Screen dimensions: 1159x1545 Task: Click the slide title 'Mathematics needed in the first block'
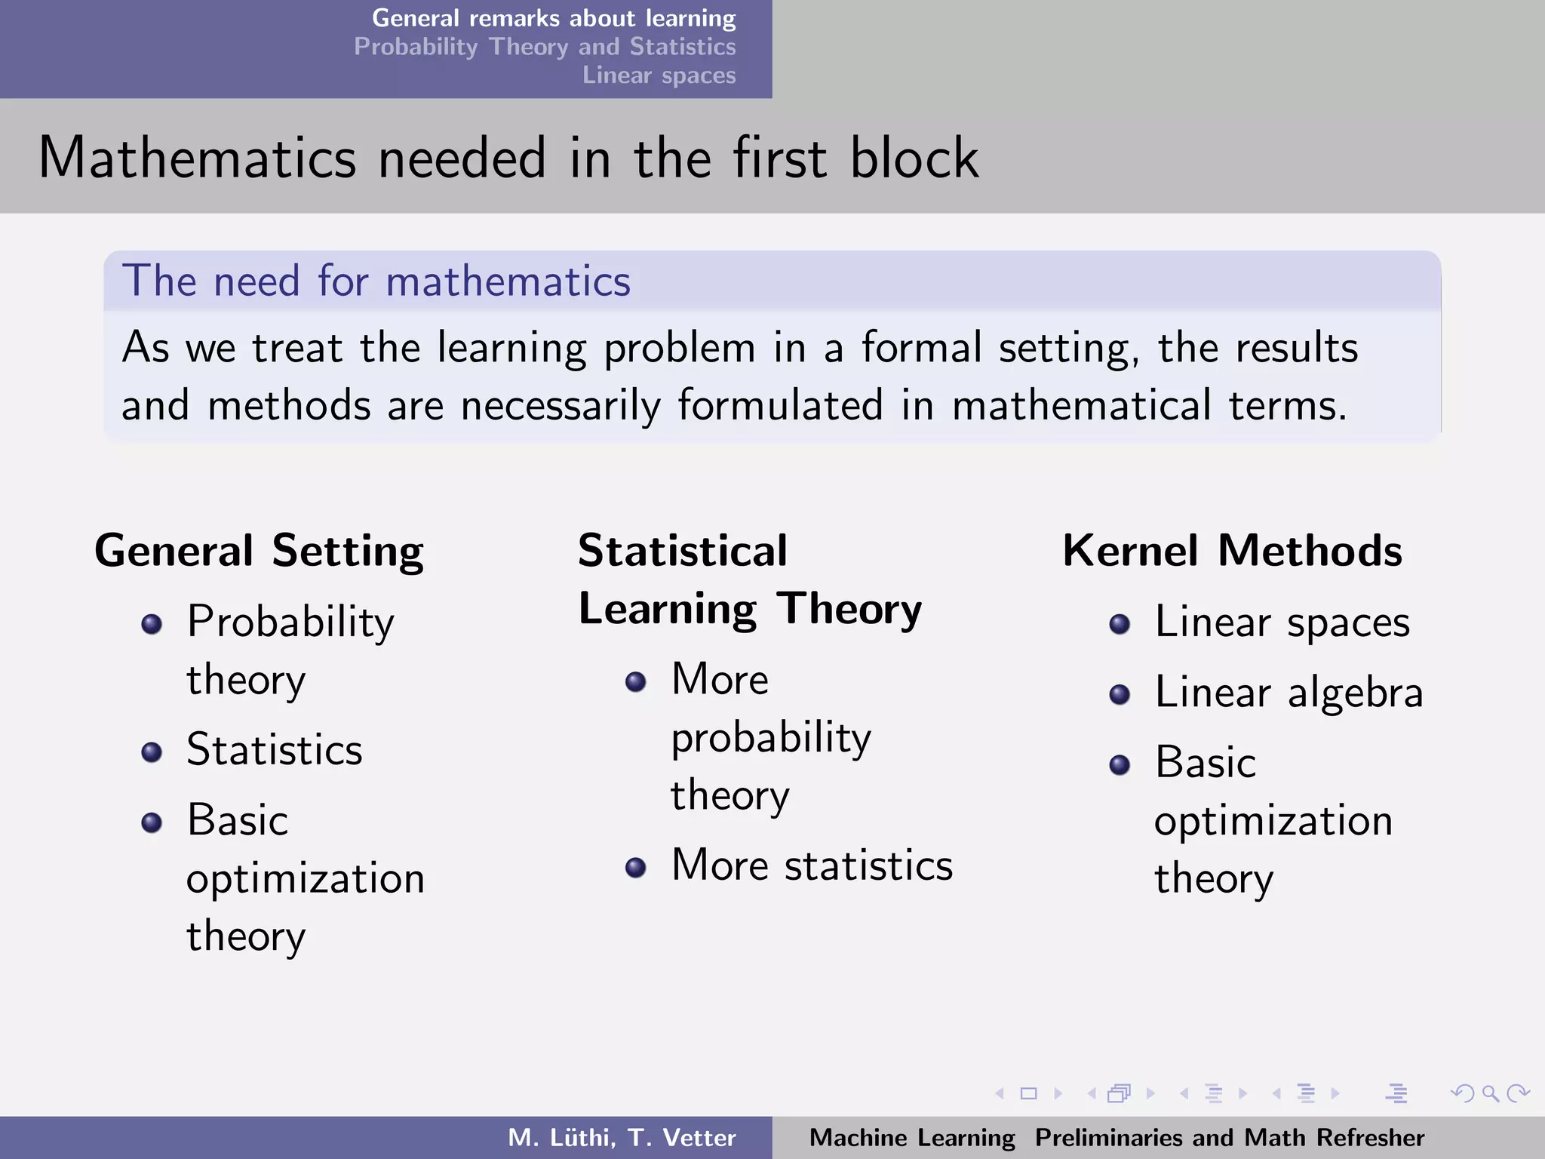[508, 158]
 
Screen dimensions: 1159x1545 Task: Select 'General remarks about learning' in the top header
[553, 18]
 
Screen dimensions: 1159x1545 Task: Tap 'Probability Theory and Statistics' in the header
[545, 47]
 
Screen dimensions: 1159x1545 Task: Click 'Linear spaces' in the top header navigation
[659, 75]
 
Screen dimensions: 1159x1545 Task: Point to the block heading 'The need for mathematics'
[376, 281]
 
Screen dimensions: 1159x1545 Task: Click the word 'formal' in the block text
[921, 348]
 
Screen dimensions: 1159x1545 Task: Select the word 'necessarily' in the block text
[561, 406]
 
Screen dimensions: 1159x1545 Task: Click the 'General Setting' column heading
[259, 550]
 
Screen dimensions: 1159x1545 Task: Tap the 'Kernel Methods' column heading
[1232, 550]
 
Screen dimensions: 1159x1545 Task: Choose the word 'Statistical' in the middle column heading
[683, 550]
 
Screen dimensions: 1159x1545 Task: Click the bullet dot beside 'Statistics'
[152, 752]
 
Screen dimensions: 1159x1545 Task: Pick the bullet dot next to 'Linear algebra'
[1120, 694]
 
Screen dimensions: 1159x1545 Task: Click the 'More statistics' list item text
[812, 865]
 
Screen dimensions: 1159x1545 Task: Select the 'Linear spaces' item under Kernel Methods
[1282, 623]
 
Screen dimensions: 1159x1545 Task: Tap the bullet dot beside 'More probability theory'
[636, 682]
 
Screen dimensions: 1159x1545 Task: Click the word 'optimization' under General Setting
[306, 879]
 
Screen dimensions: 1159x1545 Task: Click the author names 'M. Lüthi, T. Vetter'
[621, 1137]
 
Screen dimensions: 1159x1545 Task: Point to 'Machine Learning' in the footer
[912, 1137]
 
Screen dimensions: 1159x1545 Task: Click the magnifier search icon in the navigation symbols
[1489, 1093]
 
